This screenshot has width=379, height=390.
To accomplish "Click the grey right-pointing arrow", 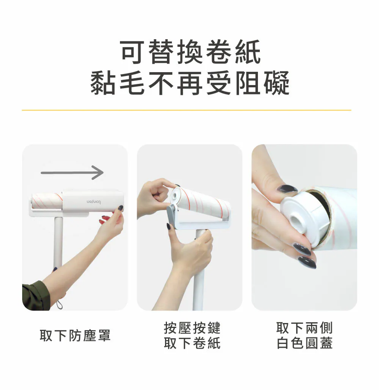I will pyautogui.click(x=72, y=172).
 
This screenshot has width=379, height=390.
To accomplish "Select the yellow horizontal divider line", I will pyautogui.click(x=186, y=110).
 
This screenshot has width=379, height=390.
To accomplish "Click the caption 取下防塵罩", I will pyautogui.click(x=75, y=336).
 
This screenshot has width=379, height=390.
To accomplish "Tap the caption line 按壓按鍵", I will pyautogui.click(x=192, y=328).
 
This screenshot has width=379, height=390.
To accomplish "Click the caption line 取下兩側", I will pyautogui.click(x=305, y=328).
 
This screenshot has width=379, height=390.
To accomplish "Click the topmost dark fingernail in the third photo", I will pyautogui.click(x=287, y=189).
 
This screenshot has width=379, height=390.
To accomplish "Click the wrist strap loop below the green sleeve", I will pyautogui.click(x=59, y=304).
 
